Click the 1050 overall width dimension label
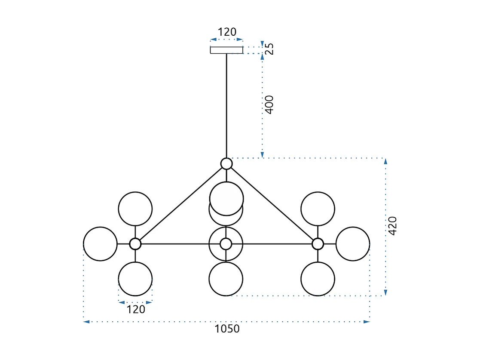coord(227,329)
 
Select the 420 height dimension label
coord(393,226)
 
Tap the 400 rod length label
coord(269,104)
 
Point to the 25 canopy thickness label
coord(269,49)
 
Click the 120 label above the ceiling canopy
coord(227,32)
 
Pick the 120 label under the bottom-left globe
coord(136,309)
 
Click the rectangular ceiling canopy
coord(226,50)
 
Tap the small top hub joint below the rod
coord(226,163)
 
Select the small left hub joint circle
coord(135,244)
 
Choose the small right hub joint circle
coord(318,244)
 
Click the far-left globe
coord(100,244)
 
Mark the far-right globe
coord(353,244)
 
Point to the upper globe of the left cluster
coord(135,209)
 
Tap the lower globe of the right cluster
coord(318,279)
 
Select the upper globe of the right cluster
coord(318,209)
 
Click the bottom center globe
coord(226,279)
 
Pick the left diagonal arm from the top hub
coord(180,203)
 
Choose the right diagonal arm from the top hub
coord(272,203)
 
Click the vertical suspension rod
coord(226,105)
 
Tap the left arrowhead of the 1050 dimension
coord(86,321)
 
